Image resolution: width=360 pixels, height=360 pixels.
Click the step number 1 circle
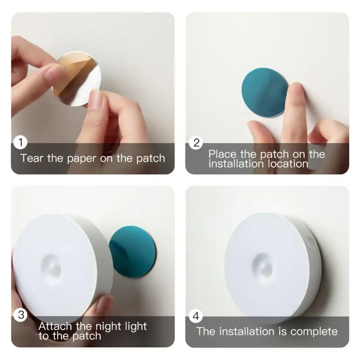click(x=21, y=143)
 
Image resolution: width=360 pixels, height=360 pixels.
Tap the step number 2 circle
click(x=196, y=143)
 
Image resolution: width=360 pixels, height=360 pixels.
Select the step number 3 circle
click(x=21, y=315)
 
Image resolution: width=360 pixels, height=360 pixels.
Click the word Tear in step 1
click(x=32, y=158)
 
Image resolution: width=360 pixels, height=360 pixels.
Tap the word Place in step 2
click(x=221, y=154)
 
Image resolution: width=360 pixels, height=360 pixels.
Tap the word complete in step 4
click(x=314, y=332)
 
